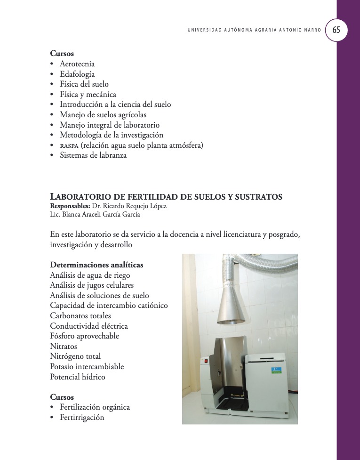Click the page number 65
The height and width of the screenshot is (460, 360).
pos(336,30)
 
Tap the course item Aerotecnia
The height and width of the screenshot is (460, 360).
pos(77,64)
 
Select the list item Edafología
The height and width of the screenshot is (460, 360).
pos(77,74)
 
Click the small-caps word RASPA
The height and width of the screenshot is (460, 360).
pos(70,146)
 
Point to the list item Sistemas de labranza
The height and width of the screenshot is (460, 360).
pos(93,155)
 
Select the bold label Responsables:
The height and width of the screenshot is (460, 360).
pos(70,206)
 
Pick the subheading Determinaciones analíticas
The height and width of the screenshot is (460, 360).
pos(96,265)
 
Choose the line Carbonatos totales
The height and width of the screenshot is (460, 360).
pos(80,315)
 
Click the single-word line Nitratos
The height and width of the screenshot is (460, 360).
pos(64,346)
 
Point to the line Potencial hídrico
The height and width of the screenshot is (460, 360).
pos(78,377)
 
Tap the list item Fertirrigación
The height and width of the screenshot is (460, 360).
pos(82,417)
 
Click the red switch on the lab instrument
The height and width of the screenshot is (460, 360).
pos(205,362)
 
